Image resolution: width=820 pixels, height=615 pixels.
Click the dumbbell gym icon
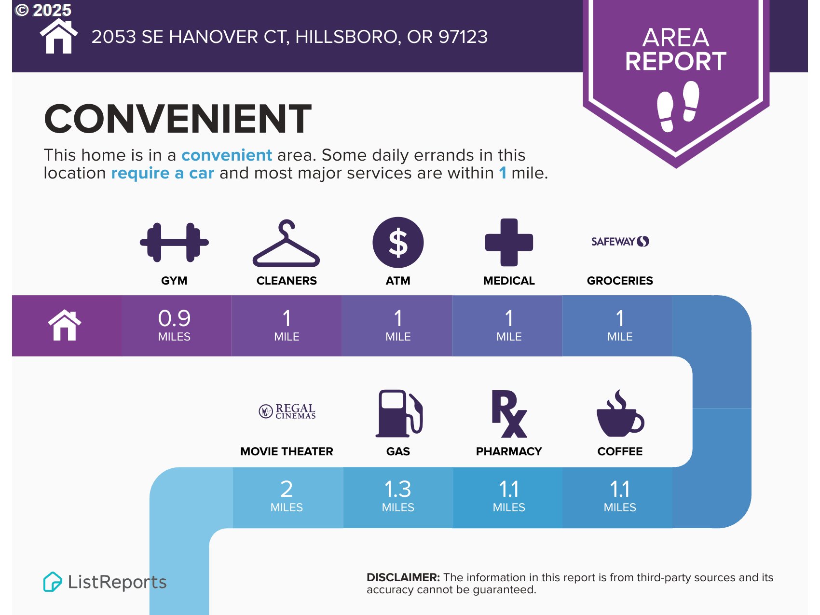pyautogui.click(x=174, y=242)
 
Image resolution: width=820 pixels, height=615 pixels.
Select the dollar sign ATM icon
pyautogui.click(x=398, y=243)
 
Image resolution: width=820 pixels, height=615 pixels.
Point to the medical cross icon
pyautogui.click(x=509, y=243)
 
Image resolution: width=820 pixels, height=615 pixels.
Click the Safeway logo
pyautogui.click(x=620, y=241)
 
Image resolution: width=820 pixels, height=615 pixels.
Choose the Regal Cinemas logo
pyautogui.click(x=287, y=411)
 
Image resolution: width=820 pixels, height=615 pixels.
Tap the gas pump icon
pyautogui.click(x=399, y=413)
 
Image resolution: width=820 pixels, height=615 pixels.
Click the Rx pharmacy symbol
pyautogui.click(x=509, y=414)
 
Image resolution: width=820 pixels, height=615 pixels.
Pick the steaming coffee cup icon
pyautogui.click(x=620, y=413)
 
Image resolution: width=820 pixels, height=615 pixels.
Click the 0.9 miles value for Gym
pyautogui.click(x=174, y=325)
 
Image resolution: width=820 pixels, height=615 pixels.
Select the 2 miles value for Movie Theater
pyautogui.click(x=287, y=496)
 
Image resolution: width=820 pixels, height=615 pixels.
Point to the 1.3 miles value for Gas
pyautogui.click(x=398, y=496)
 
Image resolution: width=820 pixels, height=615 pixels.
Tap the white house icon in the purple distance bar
pyautogui.click(x=65, y=326)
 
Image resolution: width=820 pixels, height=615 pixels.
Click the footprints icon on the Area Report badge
pyautogui.click(x=678, y=106)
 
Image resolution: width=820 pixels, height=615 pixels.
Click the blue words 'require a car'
pyautogui.click(x=163, y=173)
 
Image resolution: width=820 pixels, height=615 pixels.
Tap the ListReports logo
pyautogui.click(x=105, y=582)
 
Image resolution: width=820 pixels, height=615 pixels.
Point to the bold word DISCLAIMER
pyautogui.click(x=403, y=577)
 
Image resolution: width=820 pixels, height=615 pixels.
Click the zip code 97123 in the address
pyautogui.click(x=463, y=37)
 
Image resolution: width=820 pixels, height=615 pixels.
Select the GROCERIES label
pyautogui.click(x=620, y=281)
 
